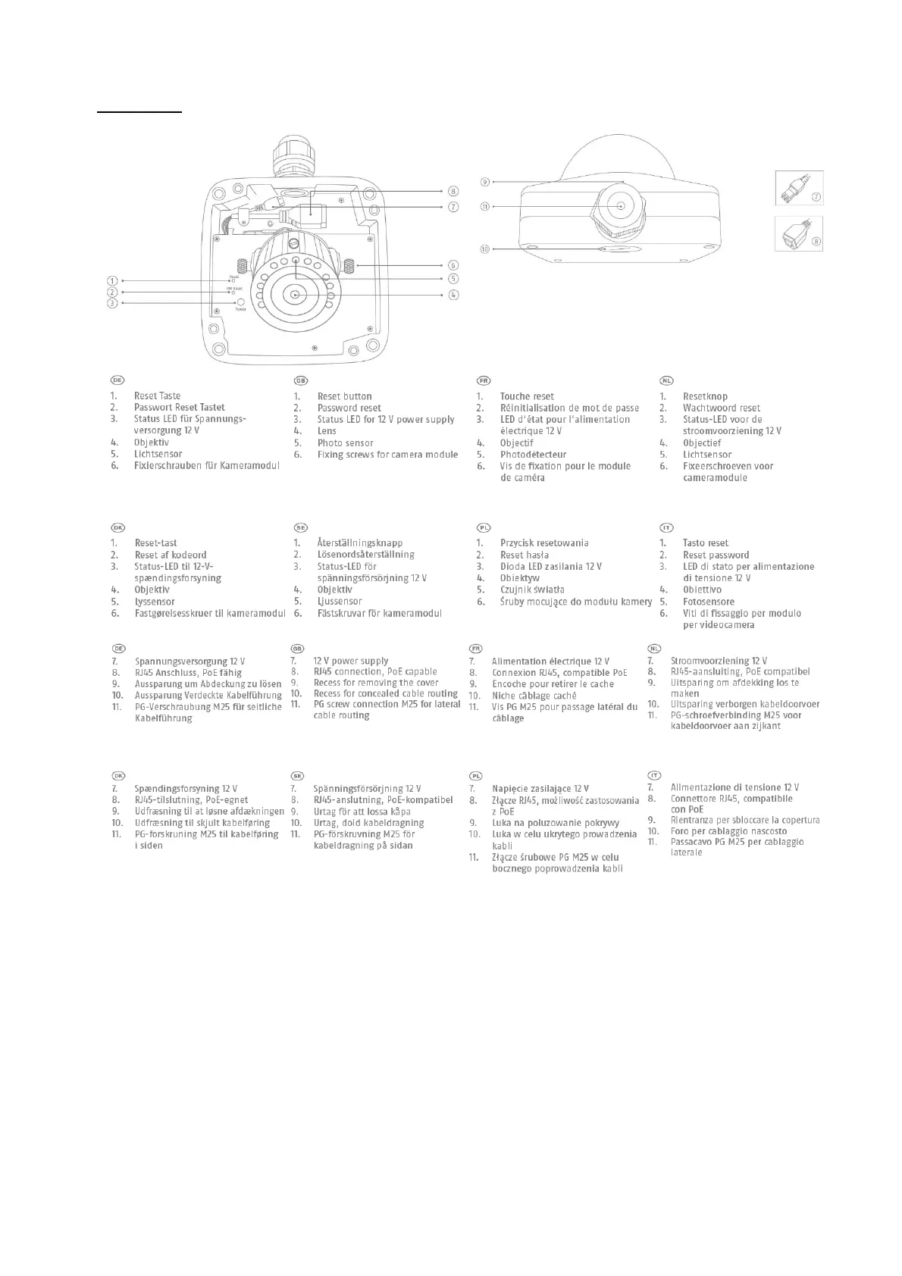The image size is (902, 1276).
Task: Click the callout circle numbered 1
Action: [112, 280]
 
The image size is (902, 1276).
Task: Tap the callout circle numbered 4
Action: [453, 295]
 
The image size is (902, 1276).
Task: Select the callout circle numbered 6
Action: [453, 265]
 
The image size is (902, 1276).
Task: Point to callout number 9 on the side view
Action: [485, 182]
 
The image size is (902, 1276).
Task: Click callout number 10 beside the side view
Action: [485, 249]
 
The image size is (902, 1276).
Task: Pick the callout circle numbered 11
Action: [485, 205]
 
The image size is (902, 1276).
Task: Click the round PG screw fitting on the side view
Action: [620, 206]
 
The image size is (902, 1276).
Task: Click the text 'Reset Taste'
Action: [157, 396]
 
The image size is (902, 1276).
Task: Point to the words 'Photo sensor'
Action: [345, 443]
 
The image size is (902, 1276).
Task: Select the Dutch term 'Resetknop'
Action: [705, 396]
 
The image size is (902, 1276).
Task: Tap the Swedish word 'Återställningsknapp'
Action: [360, 543]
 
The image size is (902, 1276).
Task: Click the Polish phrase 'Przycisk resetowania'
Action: [544, 543]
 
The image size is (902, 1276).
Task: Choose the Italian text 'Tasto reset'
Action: [705, 543]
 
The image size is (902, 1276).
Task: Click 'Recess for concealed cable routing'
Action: [386, 693]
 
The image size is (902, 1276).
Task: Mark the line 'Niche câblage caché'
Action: [534, 696]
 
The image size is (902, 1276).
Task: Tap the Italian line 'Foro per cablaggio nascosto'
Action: [728, 831]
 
